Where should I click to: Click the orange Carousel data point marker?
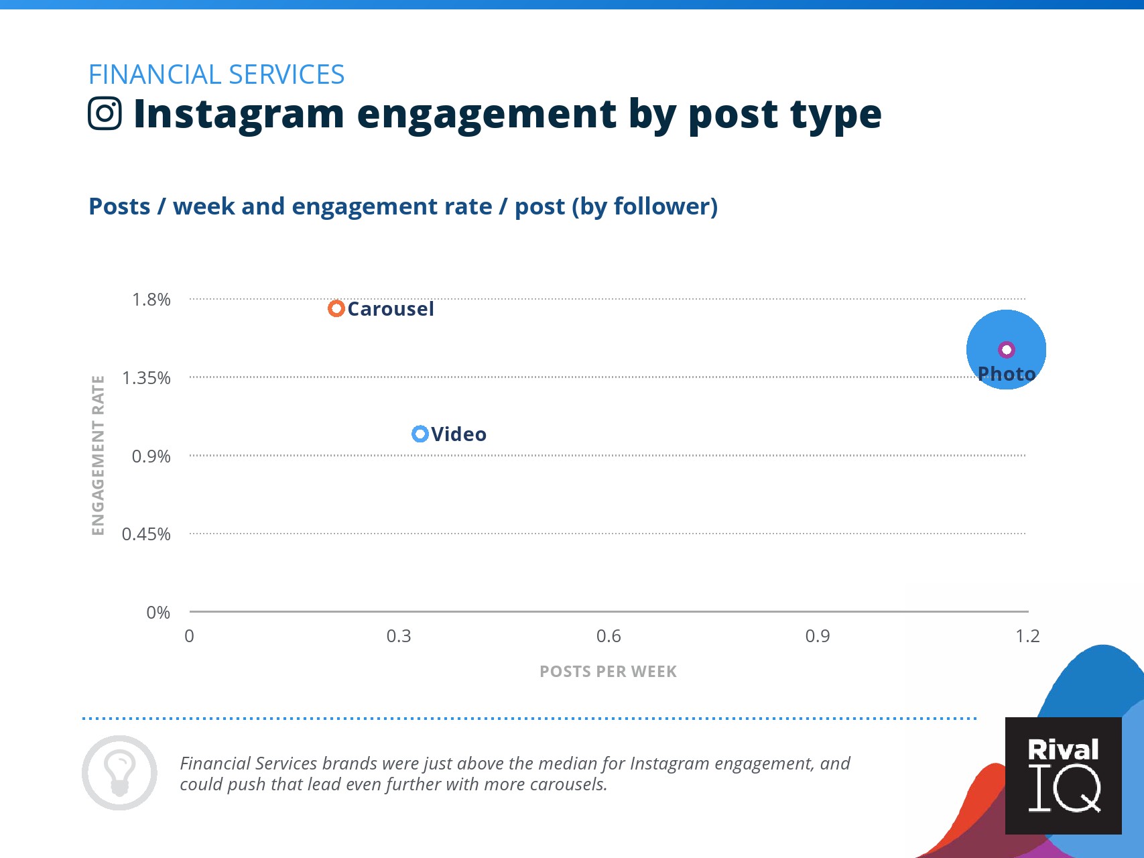pyautogui.click(x=336, y=308)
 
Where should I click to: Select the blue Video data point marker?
pyautogui.click(x=420, y=434)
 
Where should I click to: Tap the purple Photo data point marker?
pyautogui.click(x=1007, y=349)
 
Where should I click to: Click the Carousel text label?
pyautogui.click(x=391, y=309)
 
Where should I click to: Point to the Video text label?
pyautogui.click(x=459, y=434)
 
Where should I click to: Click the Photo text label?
pyautogui.click(x=1007, y=374)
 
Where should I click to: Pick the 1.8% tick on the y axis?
pyautogui.click(x=151, y=300)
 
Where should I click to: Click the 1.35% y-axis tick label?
pyautogui.click(x=146, y=378)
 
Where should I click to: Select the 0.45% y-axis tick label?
pyautogui.click(x=146, y=534)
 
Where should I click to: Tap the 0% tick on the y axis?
pyautogui.click(x=158, y=613)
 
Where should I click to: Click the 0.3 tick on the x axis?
pyautogui.click(x=399, y=636)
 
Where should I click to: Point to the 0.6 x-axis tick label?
pyautogui.click(x=609, y=636)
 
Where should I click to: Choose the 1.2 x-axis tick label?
pyautogui.click(x=1027, y=636)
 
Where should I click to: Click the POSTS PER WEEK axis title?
pyautogui.click(x=609, y=672)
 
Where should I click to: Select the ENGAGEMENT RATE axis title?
pyautogui.click(x=99, y=456)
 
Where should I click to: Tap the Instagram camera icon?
pyautogui.click(x=105, y=113)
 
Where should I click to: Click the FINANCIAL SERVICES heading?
pyautogui.click(x=216, y=74)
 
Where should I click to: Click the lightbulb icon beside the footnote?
pyautogui.click(x=120, y=773)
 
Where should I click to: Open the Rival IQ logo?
pyautogui.click(x=1064, y=776)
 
